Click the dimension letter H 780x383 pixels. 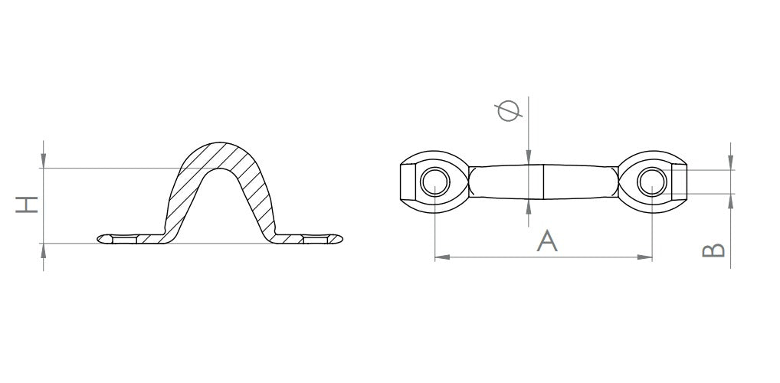pos(27,205)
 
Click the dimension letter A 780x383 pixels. pos(547,241)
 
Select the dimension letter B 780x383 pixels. pos(713,250)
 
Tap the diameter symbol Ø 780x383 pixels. pos(509,111)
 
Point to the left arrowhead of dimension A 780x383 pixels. pos(442,257)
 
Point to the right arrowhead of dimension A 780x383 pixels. pos(644,257)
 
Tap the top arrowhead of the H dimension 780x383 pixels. pos(43,161)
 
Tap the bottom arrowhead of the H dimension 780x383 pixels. pos(43,250)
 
